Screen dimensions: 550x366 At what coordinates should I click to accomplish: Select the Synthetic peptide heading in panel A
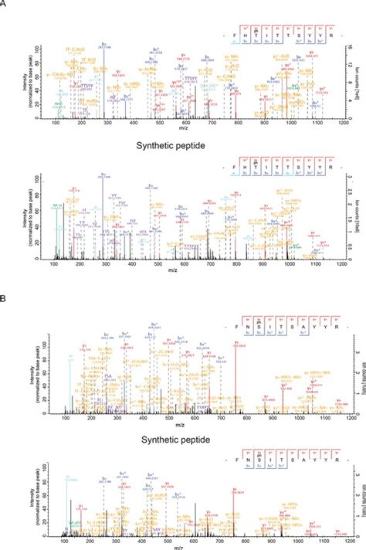click(x=182, y=144)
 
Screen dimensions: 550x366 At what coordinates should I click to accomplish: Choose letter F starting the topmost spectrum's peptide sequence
click(x=236, y=34)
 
